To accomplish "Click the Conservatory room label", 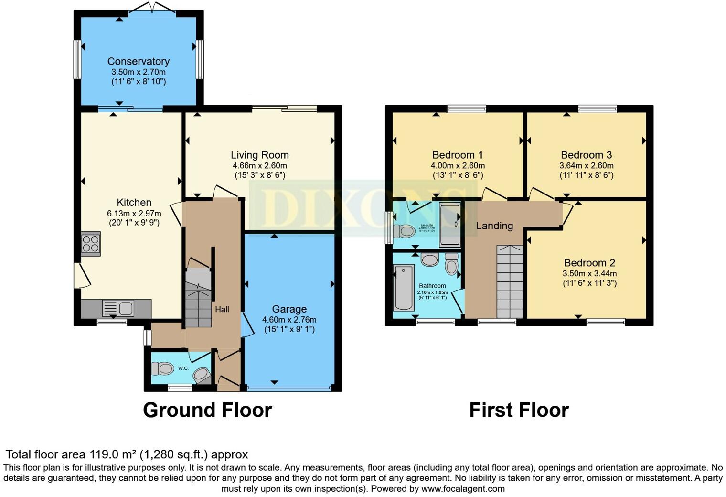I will [x=139, y=61].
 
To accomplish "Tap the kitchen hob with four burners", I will [x=91, y=244].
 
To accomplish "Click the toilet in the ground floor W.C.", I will [x=162, y=368].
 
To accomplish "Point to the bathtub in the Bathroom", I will [x=404, y=288].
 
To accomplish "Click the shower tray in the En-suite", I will [x=449, y=224].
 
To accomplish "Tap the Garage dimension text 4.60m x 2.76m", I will [x=289, y=320].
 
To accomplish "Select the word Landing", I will [x=494, y=226].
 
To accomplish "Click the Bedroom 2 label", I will [x=589, y=263].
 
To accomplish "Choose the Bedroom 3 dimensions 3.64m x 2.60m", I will [x=586, y=166].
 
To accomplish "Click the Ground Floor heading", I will [x=207, y=410].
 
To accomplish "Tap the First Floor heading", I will [x=519, y=410].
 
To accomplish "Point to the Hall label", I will [x=222, y=309].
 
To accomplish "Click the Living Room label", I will [x=260, y=155].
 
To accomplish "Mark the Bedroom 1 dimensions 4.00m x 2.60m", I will [x=458, y=166].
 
